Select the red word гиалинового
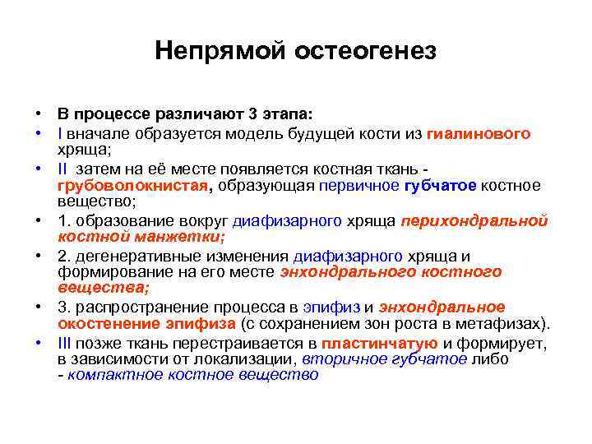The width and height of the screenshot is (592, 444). coord(479,133)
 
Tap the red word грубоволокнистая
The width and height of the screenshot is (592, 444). coord(133,186)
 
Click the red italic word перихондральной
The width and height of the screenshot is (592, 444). coord(474,221)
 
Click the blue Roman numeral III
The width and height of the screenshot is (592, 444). coord(65,344)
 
